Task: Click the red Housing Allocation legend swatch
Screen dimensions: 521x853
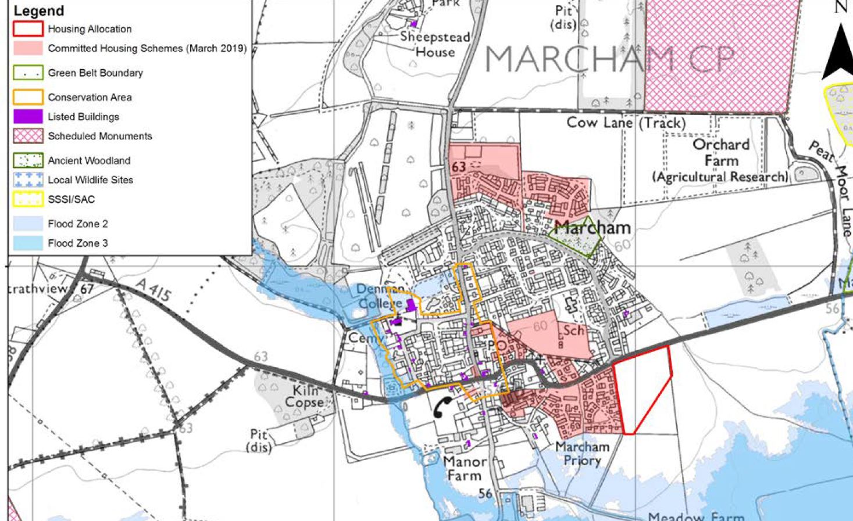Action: [28, 29]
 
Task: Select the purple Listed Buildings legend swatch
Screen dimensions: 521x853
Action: [28, 117]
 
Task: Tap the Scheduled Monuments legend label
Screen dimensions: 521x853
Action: [100, 136]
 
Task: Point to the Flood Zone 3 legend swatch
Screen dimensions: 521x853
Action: [28, 243]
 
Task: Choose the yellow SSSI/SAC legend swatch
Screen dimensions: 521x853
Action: [28, 199]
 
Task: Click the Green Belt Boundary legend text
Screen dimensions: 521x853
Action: [95, 73]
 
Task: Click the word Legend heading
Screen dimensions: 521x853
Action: [38, 11]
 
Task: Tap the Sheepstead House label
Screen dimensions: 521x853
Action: [435, 45]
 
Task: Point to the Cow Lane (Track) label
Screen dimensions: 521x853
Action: [626, 123]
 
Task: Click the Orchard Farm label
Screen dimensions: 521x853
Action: [720, 152]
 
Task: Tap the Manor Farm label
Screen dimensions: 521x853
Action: [465, 468]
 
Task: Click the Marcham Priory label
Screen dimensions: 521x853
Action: [582, 454]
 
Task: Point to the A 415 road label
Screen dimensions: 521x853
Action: [154, 289]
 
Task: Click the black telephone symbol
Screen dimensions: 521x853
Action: [443, 408]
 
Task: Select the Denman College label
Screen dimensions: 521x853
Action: [380, 296]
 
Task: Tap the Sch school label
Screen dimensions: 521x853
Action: [573, 330]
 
